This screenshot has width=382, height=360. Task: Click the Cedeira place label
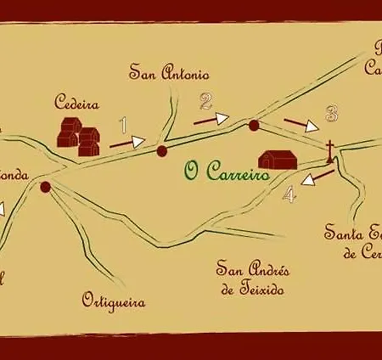coord(76,105)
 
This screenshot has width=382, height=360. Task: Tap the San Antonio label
coord(170,73)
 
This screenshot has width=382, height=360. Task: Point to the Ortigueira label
coord(114,301)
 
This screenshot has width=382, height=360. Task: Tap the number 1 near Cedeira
coord(125,126)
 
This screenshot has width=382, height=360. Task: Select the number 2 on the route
coord(205,103)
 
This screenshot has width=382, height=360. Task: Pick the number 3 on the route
coord(332,113)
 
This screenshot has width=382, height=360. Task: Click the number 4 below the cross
coord(290,194)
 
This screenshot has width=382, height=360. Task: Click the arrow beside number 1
coord(128,143)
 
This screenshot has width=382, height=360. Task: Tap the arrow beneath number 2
coord(211,120)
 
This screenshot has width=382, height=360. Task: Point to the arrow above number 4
coord(317,177)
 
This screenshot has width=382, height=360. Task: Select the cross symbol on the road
coord(329,151)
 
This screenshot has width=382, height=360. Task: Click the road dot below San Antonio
coord(162,151)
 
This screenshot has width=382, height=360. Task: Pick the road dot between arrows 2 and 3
coord(253,126)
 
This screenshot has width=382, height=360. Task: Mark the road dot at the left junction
coord(45,186)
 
